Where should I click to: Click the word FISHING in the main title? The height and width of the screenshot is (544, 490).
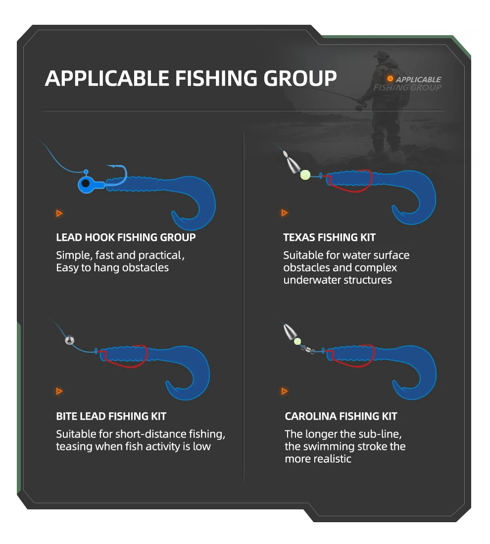pyautogui.click(x=216, y=78)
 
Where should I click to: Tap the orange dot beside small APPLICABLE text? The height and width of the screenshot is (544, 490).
pyautogui.click(x=390, y=79)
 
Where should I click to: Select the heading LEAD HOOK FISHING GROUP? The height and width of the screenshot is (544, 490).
pyautogui.click(x=126, y=237)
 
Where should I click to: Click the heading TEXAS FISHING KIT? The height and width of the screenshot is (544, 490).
pyautogui.click(x=329, y=237)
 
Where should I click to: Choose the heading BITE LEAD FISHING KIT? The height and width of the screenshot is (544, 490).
pyautogui.click(x=111, y=416)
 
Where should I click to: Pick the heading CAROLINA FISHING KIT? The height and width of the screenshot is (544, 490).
pyautogui.click(x=341, y=416)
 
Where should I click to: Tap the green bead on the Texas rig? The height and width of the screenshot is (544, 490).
pyautogui.click(x=305, y=174)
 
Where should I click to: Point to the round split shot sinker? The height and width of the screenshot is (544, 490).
pyautogui.click(x=70, y=340)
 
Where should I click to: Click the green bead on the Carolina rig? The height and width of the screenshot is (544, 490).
pyautogui.click(x=297, y=341)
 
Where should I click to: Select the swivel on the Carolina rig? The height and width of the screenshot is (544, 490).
pyautogui.click(x=307, y=349)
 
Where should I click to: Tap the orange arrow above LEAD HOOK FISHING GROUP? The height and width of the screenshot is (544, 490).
pyautogui.click(x=59, y=213)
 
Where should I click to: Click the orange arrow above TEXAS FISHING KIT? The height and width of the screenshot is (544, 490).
pyautogui.click(x=285, y=213)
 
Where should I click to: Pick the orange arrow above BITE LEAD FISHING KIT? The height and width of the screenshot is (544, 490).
pyautogui.click(x=59, y=391)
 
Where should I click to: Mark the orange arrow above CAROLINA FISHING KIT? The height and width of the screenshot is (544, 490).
pyautogui.click(x=285, y=391)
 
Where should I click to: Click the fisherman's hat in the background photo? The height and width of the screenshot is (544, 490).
pyautogui.click(x=382, y=54)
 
